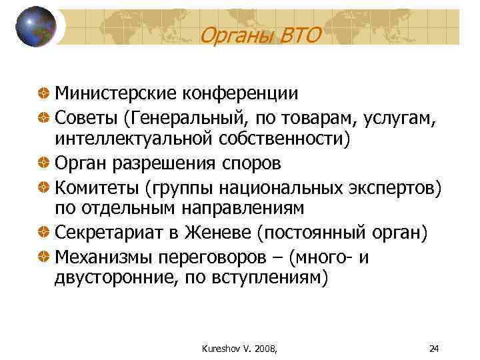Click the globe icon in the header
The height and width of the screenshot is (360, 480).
coord(35,27)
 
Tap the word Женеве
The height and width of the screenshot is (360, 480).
coord(223,233)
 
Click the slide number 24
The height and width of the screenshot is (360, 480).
coord(435,348)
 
